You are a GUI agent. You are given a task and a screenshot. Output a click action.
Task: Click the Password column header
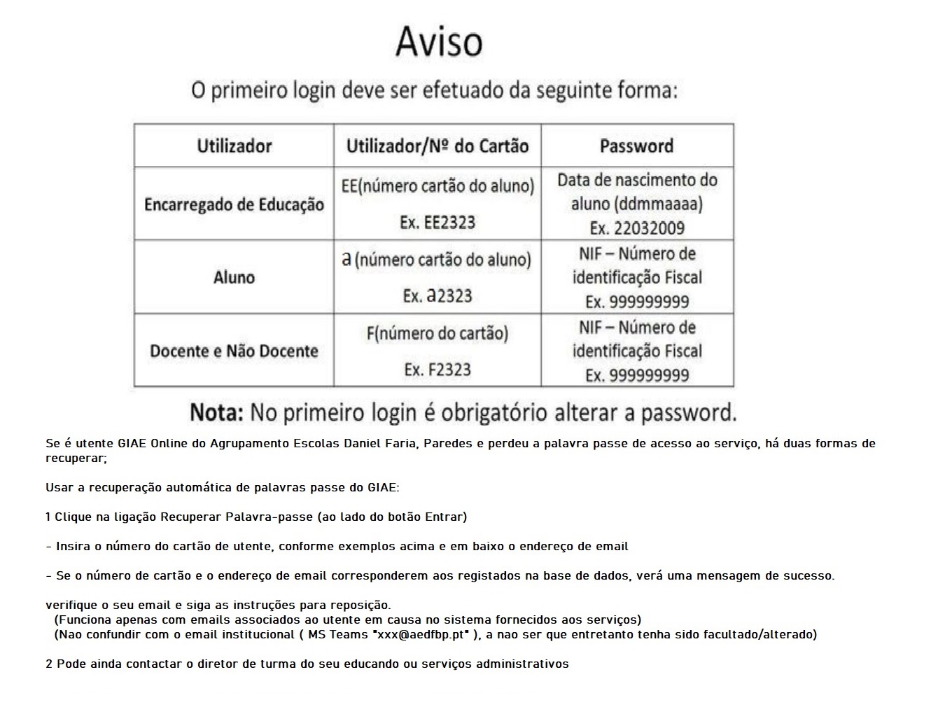pos(636,146)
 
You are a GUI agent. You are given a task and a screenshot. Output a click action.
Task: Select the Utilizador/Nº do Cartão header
pos(437,146)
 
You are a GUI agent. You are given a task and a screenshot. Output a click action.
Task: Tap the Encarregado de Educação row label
pos(234,204)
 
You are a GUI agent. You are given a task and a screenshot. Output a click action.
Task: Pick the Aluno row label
pos(234,277)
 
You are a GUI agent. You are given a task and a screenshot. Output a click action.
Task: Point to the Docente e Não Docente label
pos(234,351)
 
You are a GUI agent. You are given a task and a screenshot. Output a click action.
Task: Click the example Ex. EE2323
pos(437,223)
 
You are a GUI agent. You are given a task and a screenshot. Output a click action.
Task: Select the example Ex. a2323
pos(437,295)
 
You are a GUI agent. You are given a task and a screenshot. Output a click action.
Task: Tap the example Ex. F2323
pos(437,370)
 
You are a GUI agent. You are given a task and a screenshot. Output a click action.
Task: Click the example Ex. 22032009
pos(637,228)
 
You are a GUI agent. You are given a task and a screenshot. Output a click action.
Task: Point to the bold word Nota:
pos(216,412)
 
